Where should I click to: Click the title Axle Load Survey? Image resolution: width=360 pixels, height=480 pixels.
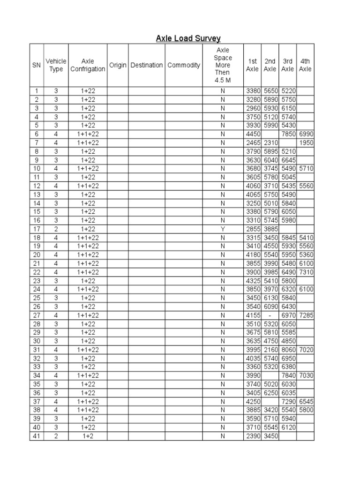point(188,38)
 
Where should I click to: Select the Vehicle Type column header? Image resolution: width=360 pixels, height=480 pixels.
point(56,65)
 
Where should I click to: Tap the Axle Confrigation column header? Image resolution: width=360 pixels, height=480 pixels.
point(88,65)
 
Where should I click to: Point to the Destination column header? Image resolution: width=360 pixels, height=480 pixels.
point(147,65)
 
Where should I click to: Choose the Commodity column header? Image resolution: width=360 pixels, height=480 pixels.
point(184,65)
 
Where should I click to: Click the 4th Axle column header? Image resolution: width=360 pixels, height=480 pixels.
point(305,65)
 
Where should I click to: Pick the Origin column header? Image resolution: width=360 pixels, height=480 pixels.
point(118,65)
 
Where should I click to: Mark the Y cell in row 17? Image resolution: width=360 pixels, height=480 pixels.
point(223,229)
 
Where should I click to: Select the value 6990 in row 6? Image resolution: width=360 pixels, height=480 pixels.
point(305,134)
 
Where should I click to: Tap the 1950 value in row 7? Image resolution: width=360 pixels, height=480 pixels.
point(306,142)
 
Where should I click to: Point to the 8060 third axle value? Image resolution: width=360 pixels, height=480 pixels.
point(287,350)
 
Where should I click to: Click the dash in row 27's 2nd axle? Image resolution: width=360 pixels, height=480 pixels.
point(270,315)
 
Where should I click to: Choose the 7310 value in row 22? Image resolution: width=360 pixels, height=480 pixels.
point(305,272)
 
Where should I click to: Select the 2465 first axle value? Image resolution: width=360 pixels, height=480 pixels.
point(253,142)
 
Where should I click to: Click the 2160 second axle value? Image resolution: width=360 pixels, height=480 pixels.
point(270,350)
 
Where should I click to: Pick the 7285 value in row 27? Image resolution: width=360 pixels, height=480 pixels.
point(305,315)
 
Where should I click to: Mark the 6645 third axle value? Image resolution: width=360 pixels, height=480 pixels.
point(287,160)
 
